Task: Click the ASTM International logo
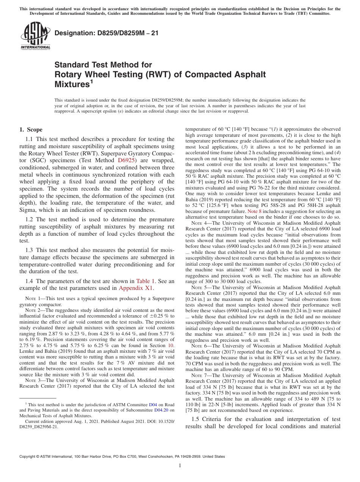(35, 36)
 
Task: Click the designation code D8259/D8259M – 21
(106, 33)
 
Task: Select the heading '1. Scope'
(31, 130)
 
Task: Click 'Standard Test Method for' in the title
(103, 65)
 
